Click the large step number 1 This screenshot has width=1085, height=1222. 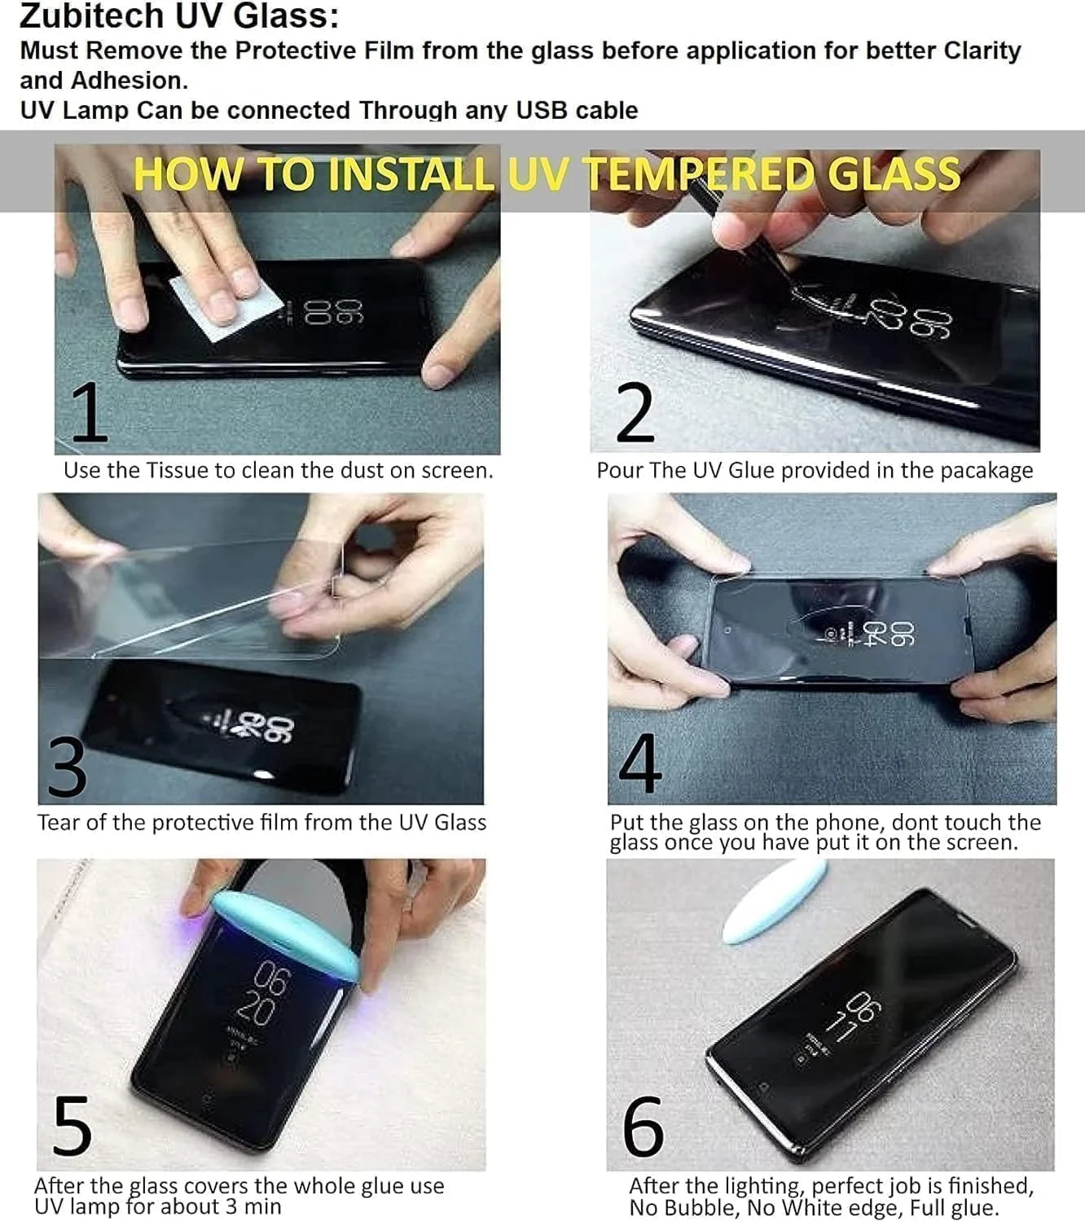(x=90, y=412)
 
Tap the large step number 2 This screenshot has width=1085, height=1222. (x=635, y=412)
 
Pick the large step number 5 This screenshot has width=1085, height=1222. (x=72, y=1126)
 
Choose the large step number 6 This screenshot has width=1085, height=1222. (x=643, y=1126)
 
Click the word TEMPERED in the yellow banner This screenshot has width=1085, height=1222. (x=701, y=174)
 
